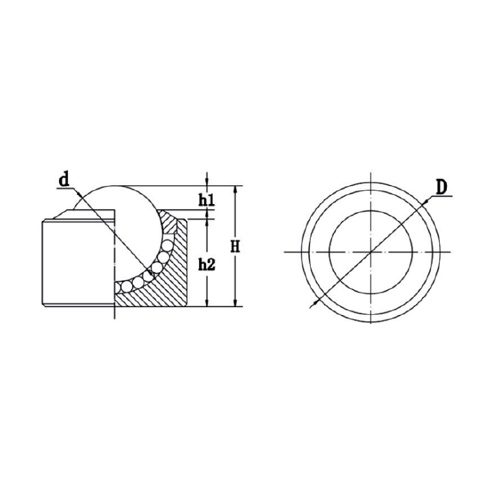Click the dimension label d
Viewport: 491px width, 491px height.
64,180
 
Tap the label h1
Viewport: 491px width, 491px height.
206,201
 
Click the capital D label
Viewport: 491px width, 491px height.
440,187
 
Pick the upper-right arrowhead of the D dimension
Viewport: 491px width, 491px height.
426,202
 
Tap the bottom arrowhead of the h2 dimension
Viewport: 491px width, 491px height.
207,304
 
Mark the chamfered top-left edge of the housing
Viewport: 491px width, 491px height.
51,215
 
